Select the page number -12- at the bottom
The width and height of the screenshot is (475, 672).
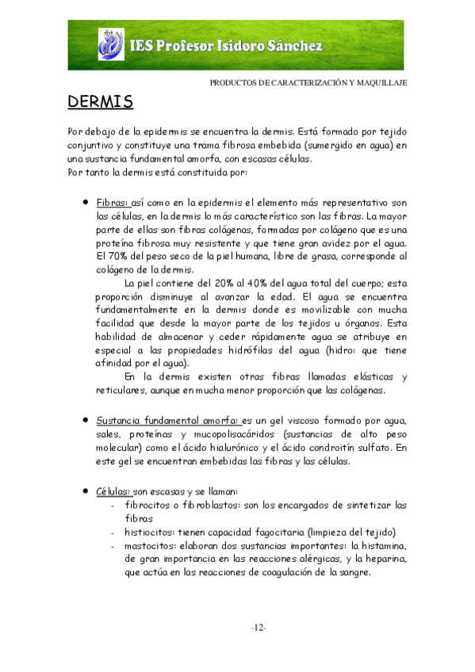click(258, 628)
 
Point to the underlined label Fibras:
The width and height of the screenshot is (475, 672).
click(112, 203)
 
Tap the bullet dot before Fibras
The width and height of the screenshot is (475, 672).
click(85, 202)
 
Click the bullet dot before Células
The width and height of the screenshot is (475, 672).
click(85, 491)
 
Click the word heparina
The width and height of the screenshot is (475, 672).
click(385, 559)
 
